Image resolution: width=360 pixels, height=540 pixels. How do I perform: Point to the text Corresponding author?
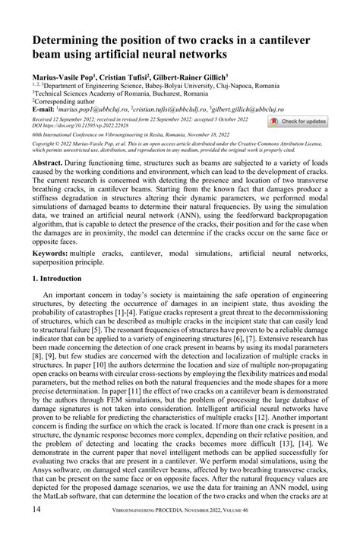click(72, 102)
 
